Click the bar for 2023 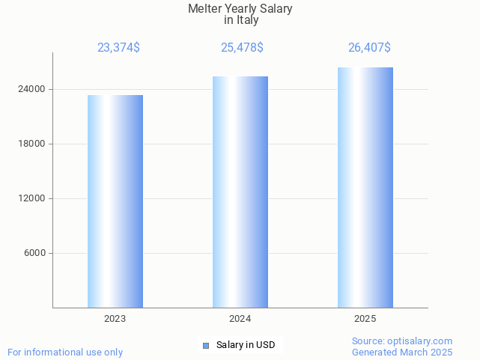pyautogui.click(x=115, y=201)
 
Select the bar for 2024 pyautogui.click(x=240, y=192)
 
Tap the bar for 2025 pyautogui.click(x=365, y=187)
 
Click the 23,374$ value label pyautogui.click(x=118, y=48)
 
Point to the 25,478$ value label pyautogui.click(x=242, y=48)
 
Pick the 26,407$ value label pyautogui.click(x=369, y=48)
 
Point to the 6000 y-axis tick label pyautogui.click(x=35, y=253)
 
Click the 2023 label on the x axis pyautogui.click(x=115, y=319)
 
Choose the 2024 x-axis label pyautogui.click(x=240, y=319)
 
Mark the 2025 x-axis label pyautogui.click(x=365, y=319)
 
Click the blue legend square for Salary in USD pyautogui.click(x=206, y=345)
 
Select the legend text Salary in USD pyautogui.click(x=246, y=345)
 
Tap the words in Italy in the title pyautogui.click(x=240, y=20)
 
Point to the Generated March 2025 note pyautogui.click(x=402, y=352)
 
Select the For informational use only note pyautogui.click(x=65, y=352)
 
